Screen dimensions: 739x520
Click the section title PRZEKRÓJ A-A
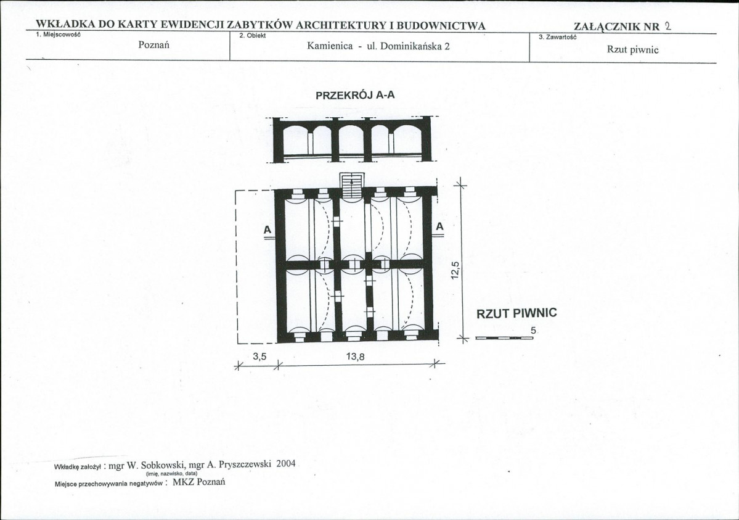(355, 95)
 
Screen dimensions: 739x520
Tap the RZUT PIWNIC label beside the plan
(516, 313)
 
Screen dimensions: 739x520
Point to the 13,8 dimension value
(356, 357)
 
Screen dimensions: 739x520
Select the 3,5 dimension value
(259, 357)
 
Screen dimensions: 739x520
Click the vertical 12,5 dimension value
(455, 270)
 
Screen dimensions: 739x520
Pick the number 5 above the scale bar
(533, 331)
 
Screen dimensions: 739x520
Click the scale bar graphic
(504, 338)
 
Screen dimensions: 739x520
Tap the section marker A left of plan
(267, 230)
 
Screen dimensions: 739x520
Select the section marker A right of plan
(439, 226)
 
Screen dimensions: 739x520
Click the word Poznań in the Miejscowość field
(153, 45)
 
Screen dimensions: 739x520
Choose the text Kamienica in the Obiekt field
(330, 46)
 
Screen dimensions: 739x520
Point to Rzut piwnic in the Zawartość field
(632, 49)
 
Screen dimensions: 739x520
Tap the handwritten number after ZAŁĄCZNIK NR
(668, 26)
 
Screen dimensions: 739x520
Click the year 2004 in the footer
(285, 463)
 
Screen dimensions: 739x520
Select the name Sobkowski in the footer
(157, 465)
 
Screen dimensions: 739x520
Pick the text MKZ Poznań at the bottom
(199, 482)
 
